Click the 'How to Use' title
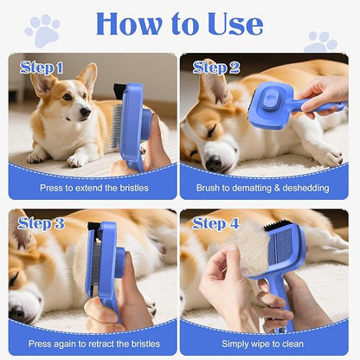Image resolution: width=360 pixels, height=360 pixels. point(179,24)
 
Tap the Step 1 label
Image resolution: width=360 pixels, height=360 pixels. point(42,67)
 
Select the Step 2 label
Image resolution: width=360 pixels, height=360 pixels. point(216,67)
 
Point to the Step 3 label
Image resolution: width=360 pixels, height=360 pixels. point(42,223)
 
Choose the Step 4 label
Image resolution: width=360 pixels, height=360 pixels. point(216,223)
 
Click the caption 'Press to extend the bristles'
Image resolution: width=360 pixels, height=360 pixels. point(93,188)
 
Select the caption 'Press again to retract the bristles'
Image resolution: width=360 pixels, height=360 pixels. point(93,344)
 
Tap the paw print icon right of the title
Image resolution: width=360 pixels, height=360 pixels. point(321,41)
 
